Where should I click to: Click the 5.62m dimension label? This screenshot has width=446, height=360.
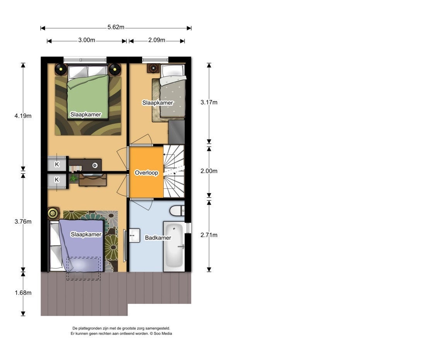116,28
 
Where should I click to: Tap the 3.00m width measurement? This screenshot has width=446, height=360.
86,40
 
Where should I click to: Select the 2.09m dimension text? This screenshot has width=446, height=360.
156,40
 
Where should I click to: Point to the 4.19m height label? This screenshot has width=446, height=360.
23,116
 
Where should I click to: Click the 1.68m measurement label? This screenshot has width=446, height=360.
23,293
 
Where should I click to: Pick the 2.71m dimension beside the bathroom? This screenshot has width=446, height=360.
209,235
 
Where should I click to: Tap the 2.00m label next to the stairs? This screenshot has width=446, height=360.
209,171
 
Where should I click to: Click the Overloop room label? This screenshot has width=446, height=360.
146,173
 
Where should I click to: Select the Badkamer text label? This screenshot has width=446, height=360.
158,238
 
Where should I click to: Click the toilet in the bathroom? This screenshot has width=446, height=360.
177,211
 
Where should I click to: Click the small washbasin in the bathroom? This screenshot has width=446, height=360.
134,235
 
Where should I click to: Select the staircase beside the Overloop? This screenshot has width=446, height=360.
174,171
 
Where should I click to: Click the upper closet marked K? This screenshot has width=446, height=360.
57,164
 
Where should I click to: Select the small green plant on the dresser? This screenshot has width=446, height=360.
74,178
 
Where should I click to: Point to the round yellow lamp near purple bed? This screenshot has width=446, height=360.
53,213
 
